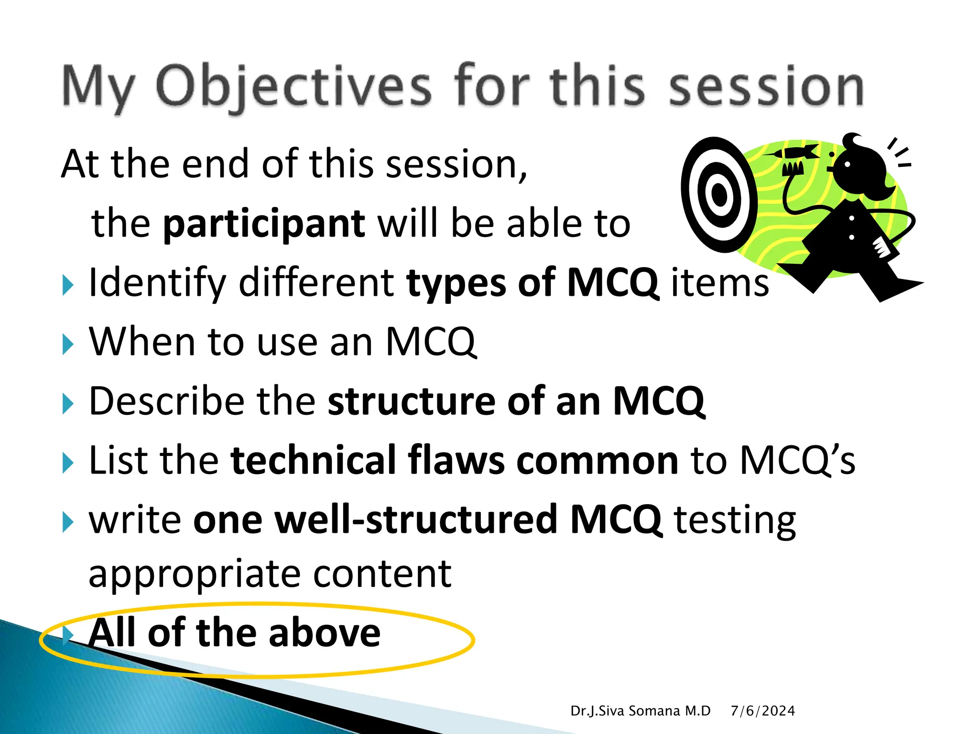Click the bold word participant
(x=264, y=223)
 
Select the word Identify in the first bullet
(x=157, y=283)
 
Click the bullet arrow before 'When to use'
(x=68, y=344)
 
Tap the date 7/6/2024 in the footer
(x=762, y=711)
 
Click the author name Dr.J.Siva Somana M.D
(x=641, y=711)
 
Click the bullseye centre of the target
(x=718, y=194)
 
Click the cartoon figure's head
(x=860, y=165)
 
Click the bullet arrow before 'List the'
(x=68, y=463)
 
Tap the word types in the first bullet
(x=456, y=283)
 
